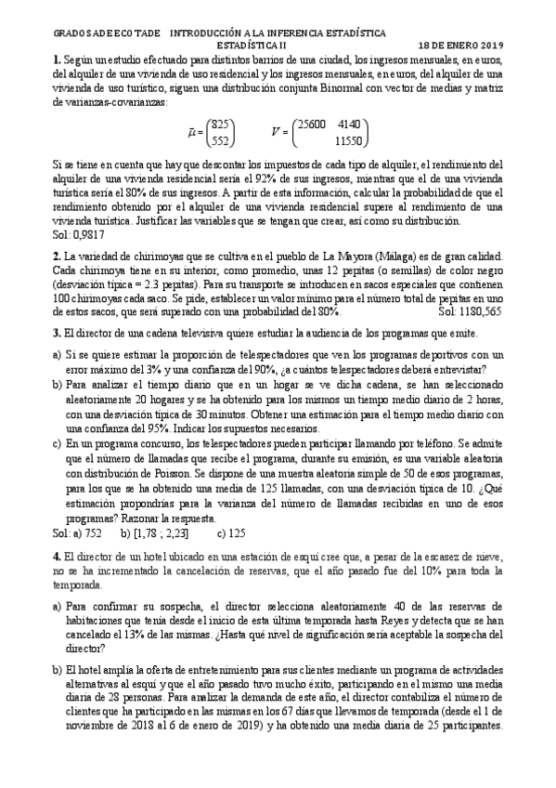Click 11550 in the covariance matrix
[348, 141]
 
